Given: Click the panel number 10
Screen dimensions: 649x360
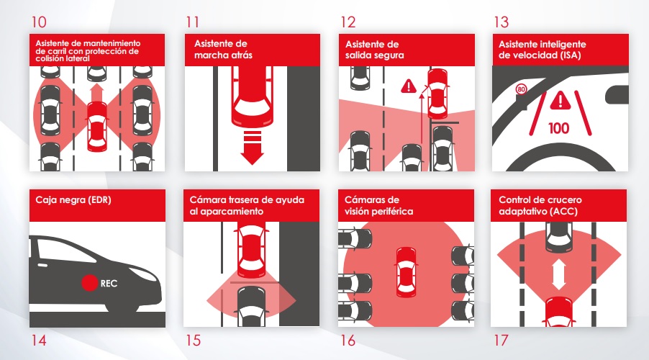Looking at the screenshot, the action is (x=39, y=22).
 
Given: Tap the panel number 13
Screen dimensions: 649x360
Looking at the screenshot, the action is (x=501, y=22).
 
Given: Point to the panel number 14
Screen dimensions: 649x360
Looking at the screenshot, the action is (x=39, y=340).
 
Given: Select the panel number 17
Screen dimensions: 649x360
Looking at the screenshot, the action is (x=501, y=340).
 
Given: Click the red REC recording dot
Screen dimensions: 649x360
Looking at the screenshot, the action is (x=89, y=283).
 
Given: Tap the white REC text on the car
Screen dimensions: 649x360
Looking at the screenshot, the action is (x=109, y=284).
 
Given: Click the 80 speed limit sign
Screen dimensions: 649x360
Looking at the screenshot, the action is (x=521, y=89).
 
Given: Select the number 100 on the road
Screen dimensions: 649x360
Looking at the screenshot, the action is (x=559, y=128).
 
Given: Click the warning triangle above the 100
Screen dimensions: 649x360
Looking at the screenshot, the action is (x=560, y=101).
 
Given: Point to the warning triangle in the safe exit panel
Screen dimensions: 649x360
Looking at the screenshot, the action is (x=409, y=86).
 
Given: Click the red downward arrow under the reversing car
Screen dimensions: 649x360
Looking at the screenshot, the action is (x=252, y=148).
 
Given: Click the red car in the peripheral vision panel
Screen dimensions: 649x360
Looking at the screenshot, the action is (x=406, y=272).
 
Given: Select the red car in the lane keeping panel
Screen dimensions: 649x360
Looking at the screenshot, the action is (x=97, y=126).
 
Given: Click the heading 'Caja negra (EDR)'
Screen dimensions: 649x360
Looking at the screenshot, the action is (x=73, y=200).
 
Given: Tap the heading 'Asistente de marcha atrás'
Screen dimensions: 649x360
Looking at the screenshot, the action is (x=224, y=49).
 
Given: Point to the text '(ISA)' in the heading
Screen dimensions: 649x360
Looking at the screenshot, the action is (x=571, y=55).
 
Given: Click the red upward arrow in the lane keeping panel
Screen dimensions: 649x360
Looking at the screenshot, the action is (x=97, y=93).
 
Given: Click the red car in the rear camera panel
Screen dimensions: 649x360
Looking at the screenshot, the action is (x=251, y=251).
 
